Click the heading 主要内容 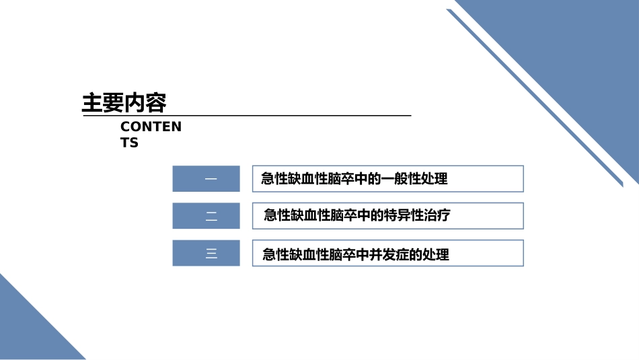(124, 104)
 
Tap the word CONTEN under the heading (151, 127)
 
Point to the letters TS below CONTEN (129, 143)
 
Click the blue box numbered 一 (206, 179)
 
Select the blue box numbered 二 (206, 216)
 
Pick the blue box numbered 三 (206, 253)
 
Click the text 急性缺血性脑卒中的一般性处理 (354, 179)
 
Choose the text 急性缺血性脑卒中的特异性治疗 (356, 215)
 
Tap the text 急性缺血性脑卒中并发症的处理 (355, 255)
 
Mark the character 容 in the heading (156, 104)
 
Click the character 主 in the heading (92, 104)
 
